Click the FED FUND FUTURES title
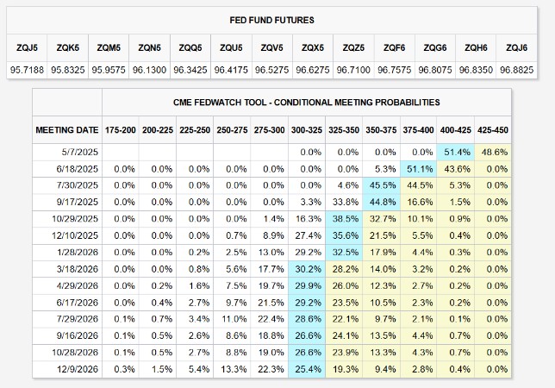coord(277,19)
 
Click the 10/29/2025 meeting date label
coord(76,219)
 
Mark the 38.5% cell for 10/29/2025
coord(345,219)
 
